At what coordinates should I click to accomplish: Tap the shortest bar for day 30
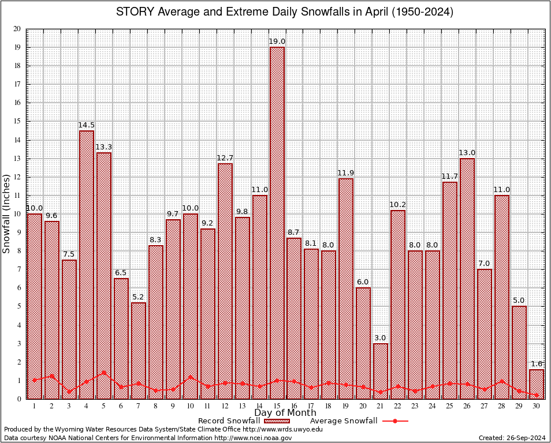tap(537, 384)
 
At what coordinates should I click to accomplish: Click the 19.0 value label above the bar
tap(277, 42)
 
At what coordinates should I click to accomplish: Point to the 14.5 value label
tap(87, 125)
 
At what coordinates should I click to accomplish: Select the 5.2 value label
tap(139, 297)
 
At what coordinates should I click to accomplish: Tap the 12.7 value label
tap(225, 158)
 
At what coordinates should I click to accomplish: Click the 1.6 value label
tap(537, 364)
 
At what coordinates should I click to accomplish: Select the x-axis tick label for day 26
tap(467, 406)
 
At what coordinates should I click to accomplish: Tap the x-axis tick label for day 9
tap(173, 406)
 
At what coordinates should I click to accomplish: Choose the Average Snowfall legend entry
tap(359, 421)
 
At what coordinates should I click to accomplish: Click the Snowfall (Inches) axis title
tap(7, 213)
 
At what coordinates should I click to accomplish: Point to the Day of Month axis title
tap(285, 413)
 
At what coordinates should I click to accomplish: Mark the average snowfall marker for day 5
tap(104, 372)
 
